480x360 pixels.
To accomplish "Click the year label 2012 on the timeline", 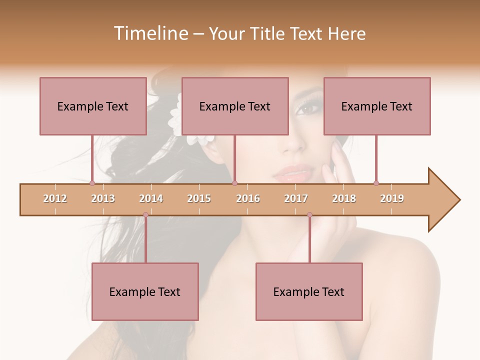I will click(x=55, y=198).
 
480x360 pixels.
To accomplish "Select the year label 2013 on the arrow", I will click(x=103, y=198).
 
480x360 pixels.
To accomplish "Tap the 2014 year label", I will click(x=151, y=198).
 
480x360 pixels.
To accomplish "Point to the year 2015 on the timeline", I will click(x=199, y=198).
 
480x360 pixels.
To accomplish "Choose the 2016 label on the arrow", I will click(x=248, y=198).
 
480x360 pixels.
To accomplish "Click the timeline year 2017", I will click(x=296, y=198).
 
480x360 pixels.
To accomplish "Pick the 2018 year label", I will click(x=344, y=198).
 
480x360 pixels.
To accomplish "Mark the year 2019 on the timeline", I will click(x=392, y=198).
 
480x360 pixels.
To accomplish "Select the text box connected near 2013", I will click(x=93, y=106).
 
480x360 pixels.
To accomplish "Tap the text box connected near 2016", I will click(x=235, y=106).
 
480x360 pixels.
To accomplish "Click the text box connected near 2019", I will click(x=377, y=106).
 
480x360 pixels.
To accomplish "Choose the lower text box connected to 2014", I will click(x=145, y=291).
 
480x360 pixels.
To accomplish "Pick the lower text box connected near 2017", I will click(x=309, y=291).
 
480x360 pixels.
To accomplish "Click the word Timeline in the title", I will click(x=150, y=33).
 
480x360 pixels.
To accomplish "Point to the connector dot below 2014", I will click(x=145, y=215).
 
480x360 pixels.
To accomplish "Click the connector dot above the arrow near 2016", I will click(x=234, y=183).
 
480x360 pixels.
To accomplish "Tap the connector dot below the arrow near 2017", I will click(x=309, y=215).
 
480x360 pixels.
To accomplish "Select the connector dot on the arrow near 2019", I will click(x=376, y=183).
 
